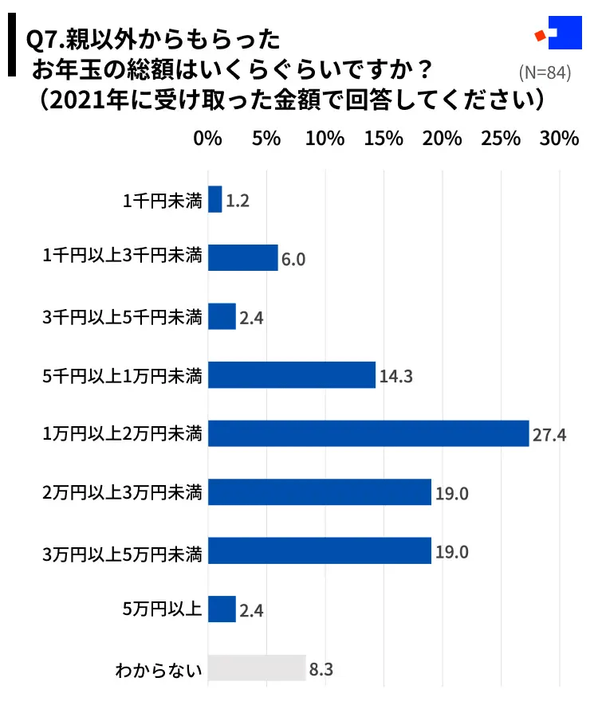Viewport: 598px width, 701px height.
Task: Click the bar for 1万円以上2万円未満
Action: coord(368,433)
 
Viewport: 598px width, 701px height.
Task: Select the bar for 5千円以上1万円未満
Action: coord(292,374)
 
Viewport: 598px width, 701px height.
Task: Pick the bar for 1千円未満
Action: coord(215,199)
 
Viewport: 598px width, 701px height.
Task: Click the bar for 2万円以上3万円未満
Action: coord(319,492)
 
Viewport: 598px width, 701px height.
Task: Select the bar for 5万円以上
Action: coord(222,609)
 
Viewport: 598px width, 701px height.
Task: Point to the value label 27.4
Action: coord(549,435)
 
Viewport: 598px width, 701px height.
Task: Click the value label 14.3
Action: coord(395,376)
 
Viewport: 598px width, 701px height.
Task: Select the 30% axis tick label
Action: coord(559,138)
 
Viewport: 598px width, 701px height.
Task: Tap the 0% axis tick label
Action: coord(207,138)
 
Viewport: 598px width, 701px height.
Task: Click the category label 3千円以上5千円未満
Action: coord(123,317)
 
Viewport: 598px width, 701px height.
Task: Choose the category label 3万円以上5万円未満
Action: coord(123,551)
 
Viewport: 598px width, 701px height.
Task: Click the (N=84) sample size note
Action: coord(545,72)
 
